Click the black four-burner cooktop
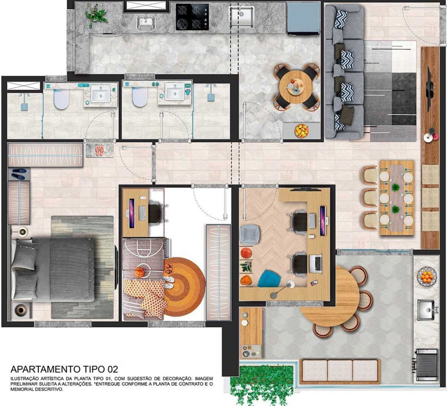[x=192, y=17]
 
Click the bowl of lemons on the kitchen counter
[x=301, y=131]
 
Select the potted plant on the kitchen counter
[x=96, y=15]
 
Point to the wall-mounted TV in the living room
[x=429, y=91]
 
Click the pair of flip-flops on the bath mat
[x=100, y=150]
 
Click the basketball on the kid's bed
[x=139, y=272]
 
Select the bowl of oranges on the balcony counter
[x=427, y=276]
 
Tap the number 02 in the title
[x=112, y=369]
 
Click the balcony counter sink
[x=426, y=310]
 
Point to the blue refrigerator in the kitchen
[x=304, y=18]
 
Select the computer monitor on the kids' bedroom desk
[x=132, y=213]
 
